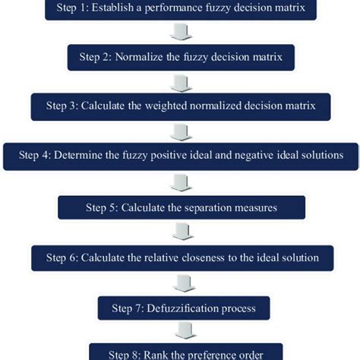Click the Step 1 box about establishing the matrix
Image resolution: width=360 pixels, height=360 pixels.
(x=181, y=10)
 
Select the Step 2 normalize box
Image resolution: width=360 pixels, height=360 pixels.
(x=181, y=57)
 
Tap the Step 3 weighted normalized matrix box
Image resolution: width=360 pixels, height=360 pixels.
(x=181, y=105)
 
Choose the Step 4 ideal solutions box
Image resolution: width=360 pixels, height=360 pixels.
(x=181, y=155)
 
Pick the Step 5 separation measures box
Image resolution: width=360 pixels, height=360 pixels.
(x=181, y=207)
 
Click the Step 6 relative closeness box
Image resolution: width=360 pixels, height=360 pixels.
(x=181, y=257)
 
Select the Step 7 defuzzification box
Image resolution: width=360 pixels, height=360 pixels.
(x=181, y=308)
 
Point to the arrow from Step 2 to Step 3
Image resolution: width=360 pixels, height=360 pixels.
(x=181, y=81)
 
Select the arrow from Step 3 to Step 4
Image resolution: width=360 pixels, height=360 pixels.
(x=181, y=130)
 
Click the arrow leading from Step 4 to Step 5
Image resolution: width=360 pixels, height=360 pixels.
(x=181, y=181)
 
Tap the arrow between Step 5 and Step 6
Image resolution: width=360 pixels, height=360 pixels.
(x=181, y=232)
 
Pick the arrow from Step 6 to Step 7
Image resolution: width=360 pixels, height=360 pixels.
(x=181, y=283)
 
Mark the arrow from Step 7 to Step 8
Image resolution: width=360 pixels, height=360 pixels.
(x=181, y=332)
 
